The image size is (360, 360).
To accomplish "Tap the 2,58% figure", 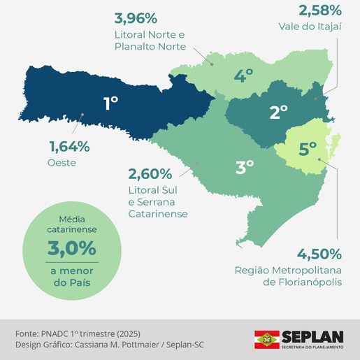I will click(319, 10).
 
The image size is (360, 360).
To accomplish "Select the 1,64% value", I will click(69, 147).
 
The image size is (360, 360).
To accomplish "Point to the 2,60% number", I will click(150, 173).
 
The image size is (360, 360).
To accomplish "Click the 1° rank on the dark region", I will click(110, 103).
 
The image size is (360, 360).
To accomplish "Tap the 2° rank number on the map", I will click(279, 111).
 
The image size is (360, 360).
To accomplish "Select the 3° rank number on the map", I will click(244, 167).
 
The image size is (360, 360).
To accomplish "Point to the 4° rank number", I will click(243, 76).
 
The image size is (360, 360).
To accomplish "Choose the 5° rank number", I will click(308, 148).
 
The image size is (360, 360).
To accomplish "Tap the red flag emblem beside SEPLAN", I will click(266, 340).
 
